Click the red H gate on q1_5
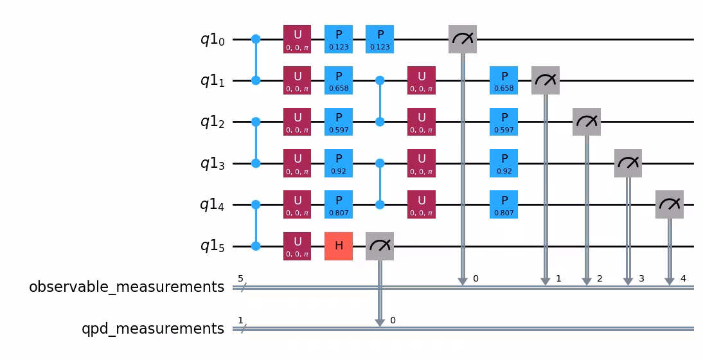(x=339, y=246)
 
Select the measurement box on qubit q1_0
(x=463, y=39)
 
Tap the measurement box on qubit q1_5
(x=380, y=246)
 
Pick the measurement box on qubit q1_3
(x=628, y=163)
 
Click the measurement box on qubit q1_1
(x=546, y=81)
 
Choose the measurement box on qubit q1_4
(x=669, y=204)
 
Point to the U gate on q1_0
(x=297, y=39)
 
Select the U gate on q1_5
(x=297, y=246)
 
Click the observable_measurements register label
(x=127, y=287)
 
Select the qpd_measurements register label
(x=153, y=328)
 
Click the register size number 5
(x=240, y=279)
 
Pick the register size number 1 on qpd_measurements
(x=240, y=320)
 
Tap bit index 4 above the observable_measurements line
(x=682, y=279)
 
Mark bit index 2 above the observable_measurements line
(x=600, y=279)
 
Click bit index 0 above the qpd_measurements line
(x=393, y=320)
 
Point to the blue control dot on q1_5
(x=256, y=246)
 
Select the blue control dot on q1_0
(x=256, y=39)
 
